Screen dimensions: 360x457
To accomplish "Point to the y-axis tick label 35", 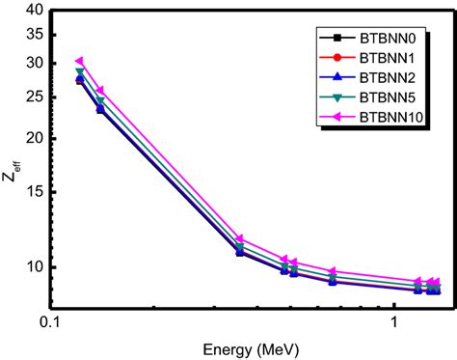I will [34, 35].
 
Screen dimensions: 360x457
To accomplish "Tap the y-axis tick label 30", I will [34, 63].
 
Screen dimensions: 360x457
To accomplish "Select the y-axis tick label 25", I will [34, 96].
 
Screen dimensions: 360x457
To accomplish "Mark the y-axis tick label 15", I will [34, 190].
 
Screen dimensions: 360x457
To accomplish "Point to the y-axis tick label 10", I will [34, 266].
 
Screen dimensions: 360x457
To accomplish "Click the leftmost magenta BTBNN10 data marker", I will [80, 61].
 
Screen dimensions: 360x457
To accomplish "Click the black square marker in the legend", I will [336, 40].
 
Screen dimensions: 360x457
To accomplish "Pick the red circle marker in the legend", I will [336, 59].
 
